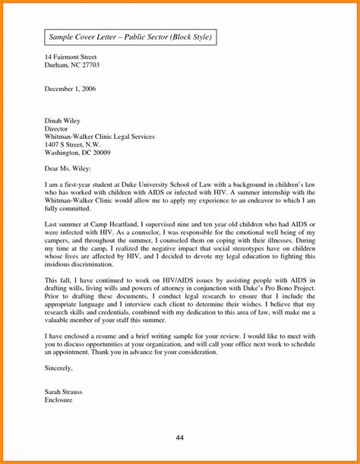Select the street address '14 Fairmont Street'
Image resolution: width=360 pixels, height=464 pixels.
tap(74, 57)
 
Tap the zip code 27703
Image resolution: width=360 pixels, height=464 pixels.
tap(88, 66)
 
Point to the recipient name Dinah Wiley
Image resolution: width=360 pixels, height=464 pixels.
tap(65, 119)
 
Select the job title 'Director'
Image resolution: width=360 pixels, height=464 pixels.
tap(58, 128)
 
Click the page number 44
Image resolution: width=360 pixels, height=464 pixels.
tap(180, 438)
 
